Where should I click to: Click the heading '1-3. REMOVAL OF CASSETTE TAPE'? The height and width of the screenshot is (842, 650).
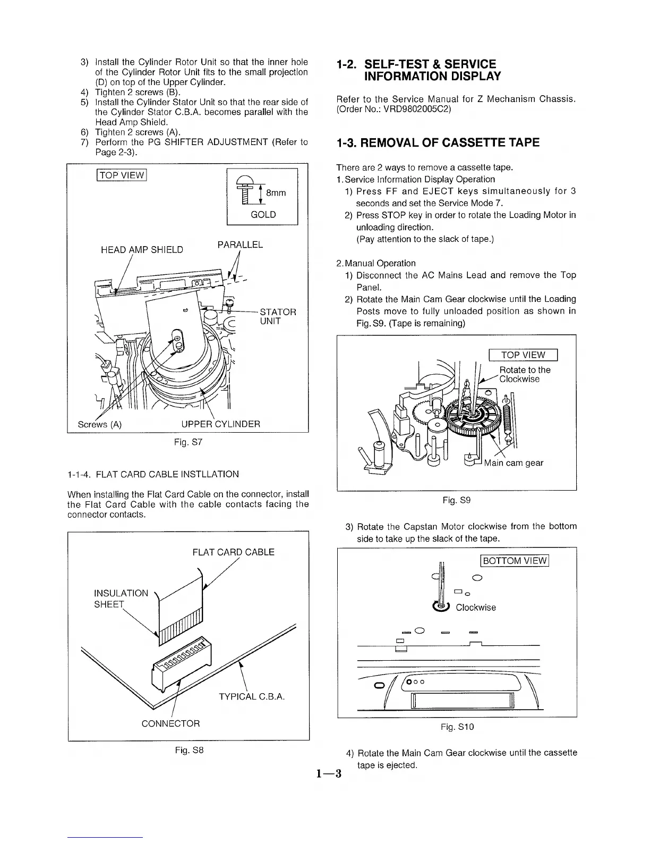point(438,142)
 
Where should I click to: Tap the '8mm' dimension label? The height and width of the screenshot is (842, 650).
point(276,193)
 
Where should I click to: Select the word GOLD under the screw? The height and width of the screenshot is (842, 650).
point(263,215)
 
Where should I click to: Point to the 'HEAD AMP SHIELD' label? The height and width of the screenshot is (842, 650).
point(142,250)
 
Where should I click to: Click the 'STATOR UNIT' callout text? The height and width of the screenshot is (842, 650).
point(277,316)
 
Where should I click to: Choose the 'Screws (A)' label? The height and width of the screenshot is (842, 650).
point(100,424)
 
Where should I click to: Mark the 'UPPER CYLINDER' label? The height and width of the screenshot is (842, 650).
point(220,424)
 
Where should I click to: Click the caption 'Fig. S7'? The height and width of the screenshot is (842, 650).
point(188,442)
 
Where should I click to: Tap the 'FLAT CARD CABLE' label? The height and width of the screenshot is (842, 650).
point(233,552)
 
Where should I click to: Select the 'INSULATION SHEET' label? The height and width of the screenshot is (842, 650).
point(121,599)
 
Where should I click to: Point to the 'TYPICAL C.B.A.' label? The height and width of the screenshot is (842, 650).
point(252,697)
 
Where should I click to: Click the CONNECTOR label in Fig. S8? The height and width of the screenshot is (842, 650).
point(170,723)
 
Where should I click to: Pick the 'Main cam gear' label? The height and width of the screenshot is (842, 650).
point(513,463)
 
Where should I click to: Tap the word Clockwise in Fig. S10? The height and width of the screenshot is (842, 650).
point(476,608)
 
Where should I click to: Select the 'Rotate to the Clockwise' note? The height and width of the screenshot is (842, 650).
point(525,374)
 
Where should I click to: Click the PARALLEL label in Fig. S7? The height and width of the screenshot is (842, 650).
point(240,245)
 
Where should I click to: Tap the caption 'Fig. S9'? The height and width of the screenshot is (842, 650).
point(456,500)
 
